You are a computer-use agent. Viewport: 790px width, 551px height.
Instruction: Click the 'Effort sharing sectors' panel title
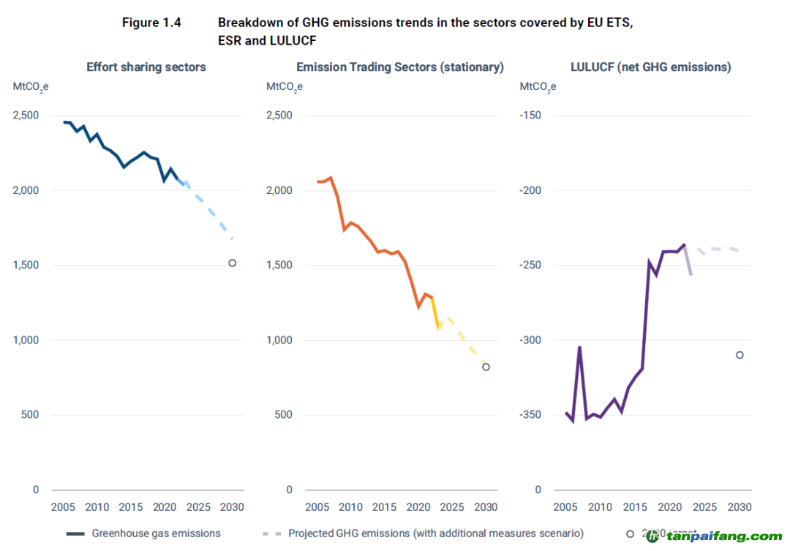(146, 67)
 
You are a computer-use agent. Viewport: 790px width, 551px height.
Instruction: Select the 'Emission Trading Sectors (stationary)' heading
(400, 67)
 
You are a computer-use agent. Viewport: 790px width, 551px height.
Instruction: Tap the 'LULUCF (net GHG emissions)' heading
(650, 67)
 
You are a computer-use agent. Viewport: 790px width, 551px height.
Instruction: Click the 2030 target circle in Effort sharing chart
(232, 263)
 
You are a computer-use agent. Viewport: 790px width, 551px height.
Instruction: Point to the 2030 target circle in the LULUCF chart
(740, 355)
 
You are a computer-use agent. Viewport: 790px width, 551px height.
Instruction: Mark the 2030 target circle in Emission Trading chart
(486, 367)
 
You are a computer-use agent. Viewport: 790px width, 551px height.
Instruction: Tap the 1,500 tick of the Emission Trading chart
(278, 266)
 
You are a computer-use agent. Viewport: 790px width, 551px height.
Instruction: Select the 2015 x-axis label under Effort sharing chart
(131, 507)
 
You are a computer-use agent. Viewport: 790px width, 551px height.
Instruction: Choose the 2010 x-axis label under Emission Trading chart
(350, 507)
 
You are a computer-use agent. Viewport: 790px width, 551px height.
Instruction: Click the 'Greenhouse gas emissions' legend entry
(156, 533)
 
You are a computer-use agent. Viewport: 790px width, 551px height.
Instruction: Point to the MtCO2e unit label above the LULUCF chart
(538, 86)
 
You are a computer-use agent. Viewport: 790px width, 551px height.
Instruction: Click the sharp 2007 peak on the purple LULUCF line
(579, 347)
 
